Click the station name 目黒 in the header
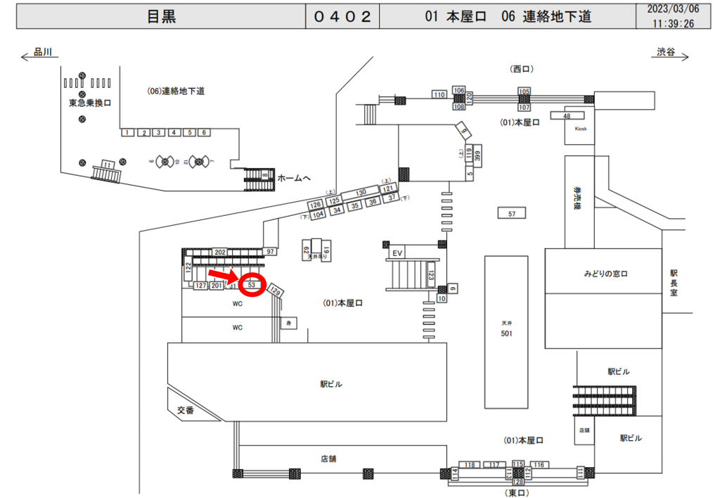coord(161,17)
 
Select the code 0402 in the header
coord(342,17)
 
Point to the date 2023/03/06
coord(673,10)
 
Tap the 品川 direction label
coord(42,53)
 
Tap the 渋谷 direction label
coord(665,53)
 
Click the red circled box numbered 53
coord(251,286)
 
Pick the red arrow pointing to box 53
coord(224,276)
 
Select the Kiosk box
coord(580,129)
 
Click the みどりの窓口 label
coord(603,272)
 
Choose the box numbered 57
coord(511,212)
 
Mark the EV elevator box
coord(397,253)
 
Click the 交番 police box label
coord(185,411)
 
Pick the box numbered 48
coord(567,115)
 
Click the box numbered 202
coord(219,252)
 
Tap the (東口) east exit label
coord(520,492)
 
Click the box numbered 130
coord(361,192)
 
